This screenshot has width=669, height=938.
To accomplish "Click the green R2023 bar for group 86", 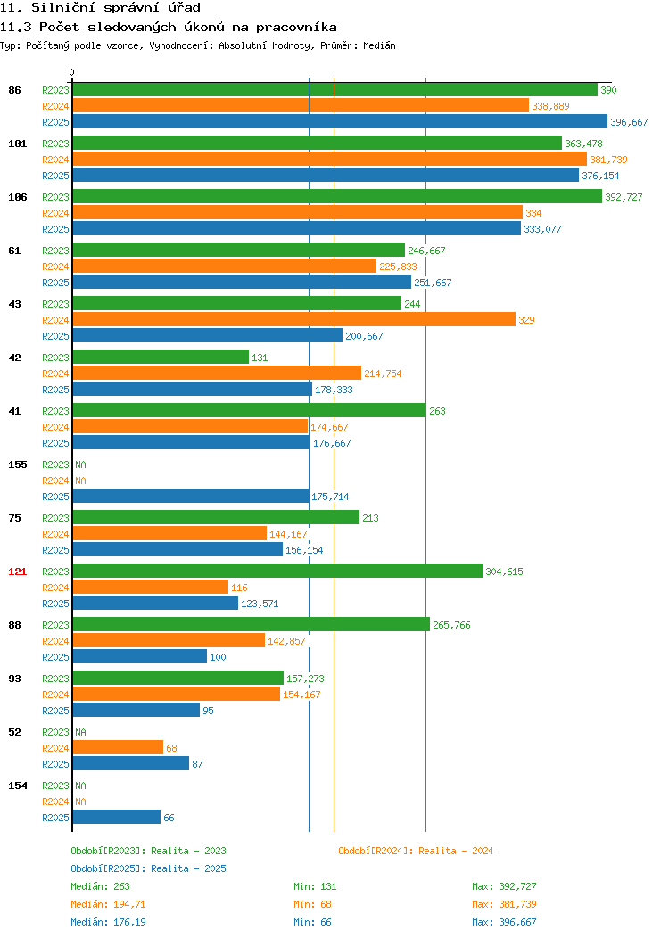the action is [x=335, y=90].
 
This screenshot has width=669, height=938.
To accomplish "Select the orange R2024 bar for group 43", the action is [x=293, y=319].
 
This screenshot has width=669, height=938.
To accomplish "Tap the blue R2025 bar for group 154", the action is [x=117, y=817].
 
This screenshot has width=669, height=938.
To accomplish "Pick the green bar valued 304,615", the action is [x=277, y=571].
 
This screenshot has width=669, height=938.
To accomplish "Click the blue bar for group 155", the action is [x=191, y=496].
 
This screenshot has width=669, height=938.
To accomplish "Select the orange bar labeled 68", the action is [x=118, y=747].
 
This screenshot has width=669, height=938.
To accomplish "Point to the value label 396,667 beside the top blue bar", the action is [x=629, y=122].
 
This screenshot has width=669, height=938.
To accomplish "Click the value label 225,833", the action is [x=398, y=267].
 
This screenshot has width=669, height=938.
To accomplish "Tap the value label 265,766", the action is [x=451, y=625].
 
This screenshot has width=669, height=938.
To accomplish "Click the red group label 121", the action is [x=17, y=572].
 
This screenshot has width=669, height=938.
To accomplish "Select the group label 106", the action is [x=17, y=197].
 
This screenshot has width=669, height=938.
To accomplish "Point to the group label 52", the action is [x=14, y=732].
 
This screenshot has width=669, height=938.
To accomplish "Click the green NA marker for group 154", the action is [x=81, y=786].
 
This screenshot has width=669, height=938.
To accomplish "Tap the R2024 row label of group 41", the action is [x=55, y=427].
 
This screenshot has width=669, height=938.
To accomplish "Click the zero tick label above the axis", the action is [x=72, y=72].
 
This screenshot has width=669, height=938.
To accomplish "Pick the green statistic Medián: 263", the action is [x=100, y=886].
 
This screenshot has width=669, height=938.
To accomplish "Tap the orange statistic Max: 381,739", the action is [x=504, y=904].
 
